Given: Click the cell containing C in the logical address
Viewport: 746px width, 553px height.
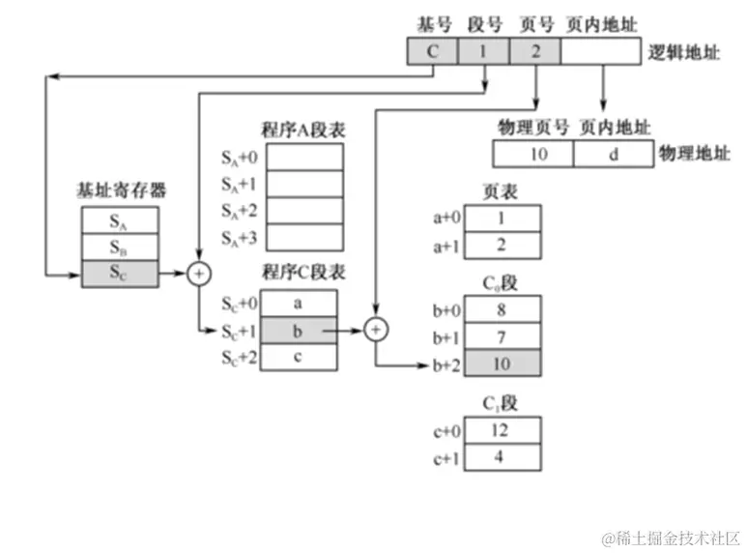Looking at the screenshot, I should point(433,50).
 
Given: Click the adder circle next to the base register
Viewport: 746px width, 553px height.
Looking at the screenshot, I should point(199,275).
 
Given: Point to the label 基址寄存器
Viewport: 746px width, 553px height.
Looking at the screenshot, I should point(121,190).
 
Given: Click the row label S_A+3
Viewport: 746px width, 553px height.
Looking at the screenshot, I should point(241,237).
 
